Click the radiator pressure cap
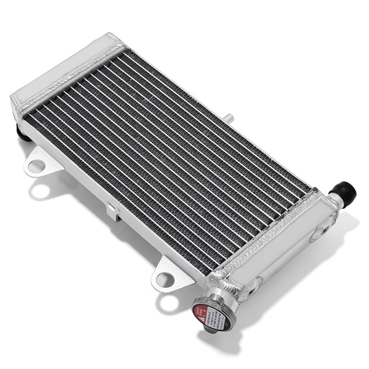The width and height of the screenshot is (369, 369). (212, 312)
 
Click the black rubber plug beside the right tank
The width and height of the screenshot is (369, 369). (345, 193)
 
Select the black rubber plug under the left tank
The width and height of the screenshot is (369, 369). (24, 134)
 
